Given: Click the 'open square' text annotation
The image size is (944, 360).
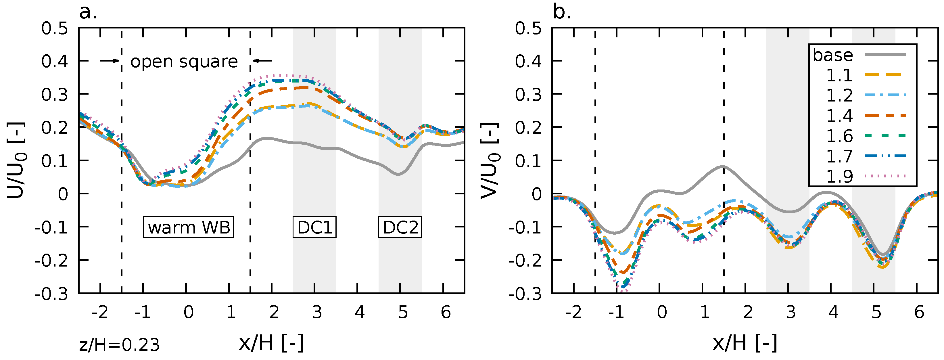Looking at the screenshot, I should coord(184,61).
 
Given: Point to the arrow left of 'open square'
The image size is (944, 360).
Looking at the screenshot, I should coord(110,61).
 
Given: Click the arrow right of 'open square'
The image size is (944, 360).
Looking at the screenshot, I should coord(263,61).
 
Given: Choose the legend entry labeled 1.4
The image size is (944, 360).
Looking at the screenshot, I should coord(865,116).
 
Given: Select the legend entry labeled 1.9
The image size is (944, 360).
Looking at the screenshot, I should coord(865,176).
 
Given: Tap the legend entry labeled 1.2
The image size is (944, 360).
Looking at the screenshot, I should coord(865,95).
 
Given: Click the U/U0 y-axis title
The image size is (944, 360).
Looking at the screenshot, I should coord(16,160).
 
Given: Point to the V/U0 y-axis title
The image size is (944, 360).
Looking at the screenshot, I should coord(490,160).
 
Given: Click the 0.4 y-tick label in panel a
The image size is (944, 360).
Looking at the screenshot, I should coord(55,61).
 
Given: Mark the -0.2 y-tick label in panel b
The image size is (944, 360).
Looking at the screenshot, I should coord(525,261).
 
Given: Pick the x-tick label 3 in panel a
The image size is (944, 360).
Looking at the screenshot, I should coord(317,312).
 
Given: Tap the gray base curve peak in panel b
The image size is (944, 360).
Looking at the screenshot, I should coord(723,166).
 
